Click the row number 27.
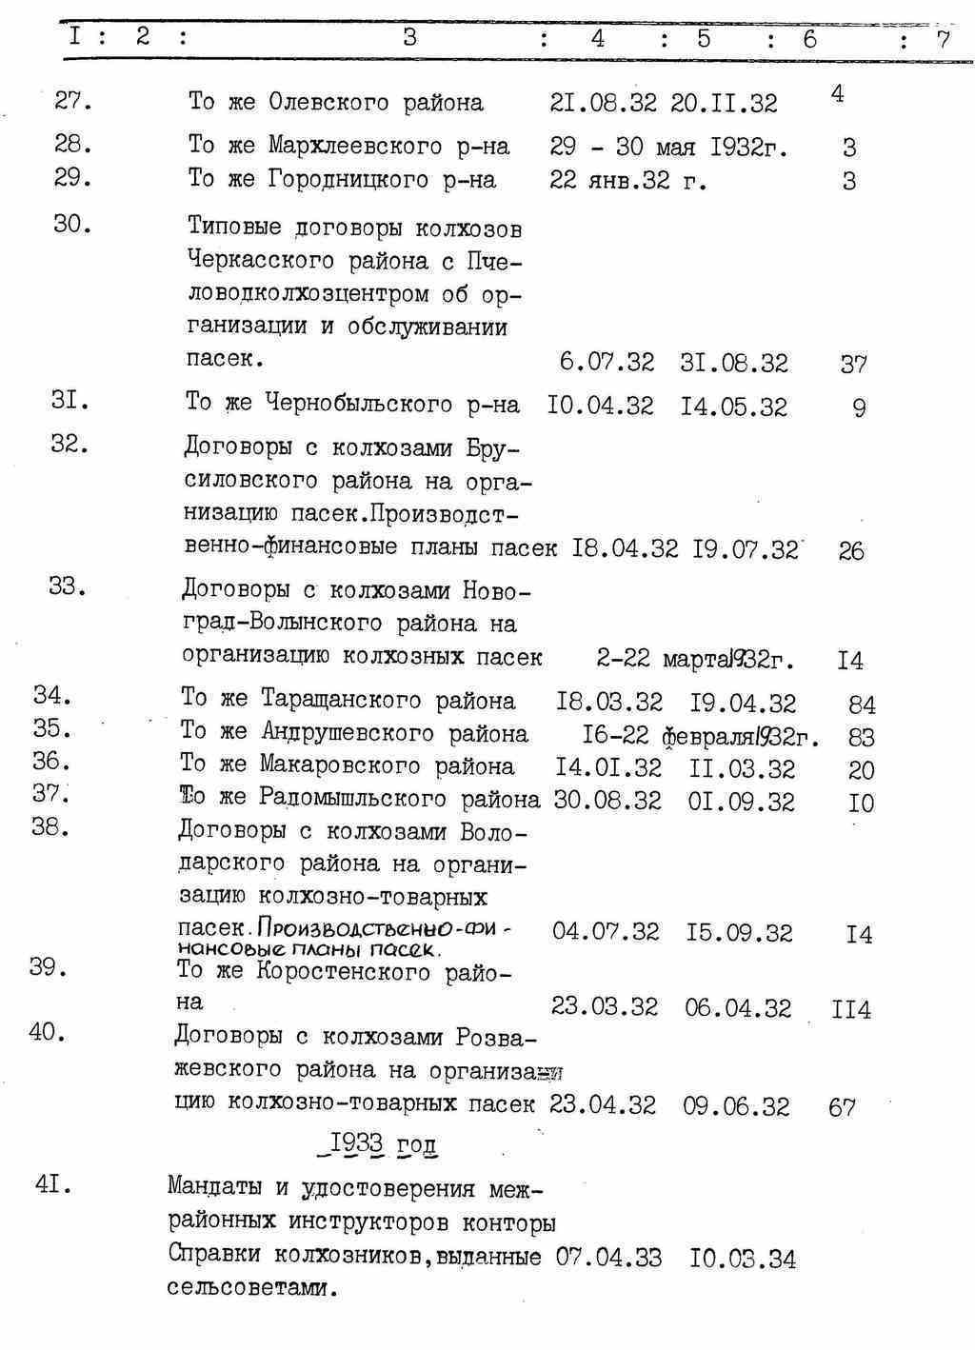pyautogui.click(x=72, y=101)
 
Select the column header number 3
pyautogui.click(x=409, y=37)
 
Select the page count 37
pyautogui.click(x=853, y=364)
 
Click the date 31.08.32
pyautogui.click(x=734, y=363)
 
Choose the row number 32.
pyautogui.click(x=69, y=445)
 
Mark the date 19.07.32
pyautogui.click(x=745, y=549)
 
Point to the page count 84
pyautogui.click(x=862, y=705)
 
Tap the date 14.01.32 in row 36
pyautogui.click(x=608, y=767)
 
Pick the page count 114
pyautogui.click(x=850, y=1009)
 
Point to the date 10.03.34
pyautogui.click(x=743, y=1259)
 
